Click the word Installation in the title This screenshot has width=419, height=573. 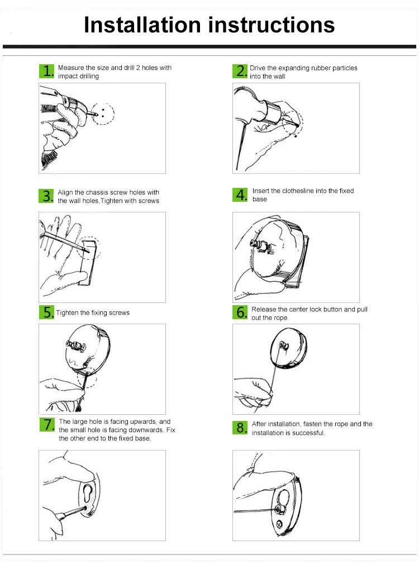click(142, 25)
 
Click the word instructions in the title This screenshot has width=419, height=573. click(272, 25)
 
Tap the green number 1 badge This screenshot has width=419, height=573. click(47, 71)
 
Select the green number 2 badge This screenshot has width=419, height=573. click(240, 71)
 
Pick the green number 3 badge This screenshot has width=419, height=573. click(46, 196)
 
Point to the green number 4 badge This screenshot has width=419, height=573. click(240, 195)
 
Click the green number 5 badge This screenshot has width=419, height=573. click(47, 312)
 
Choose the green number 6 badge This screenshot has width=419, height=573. click(240, 312)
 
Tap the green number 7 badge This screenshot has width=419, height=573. click(47, 424)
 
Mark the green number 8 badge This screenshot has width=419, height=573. click(240, 428)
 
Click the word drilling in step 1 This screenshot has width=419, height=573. click(89, 76)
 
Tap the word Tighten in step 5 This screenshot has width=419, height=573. click(67, 313)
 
